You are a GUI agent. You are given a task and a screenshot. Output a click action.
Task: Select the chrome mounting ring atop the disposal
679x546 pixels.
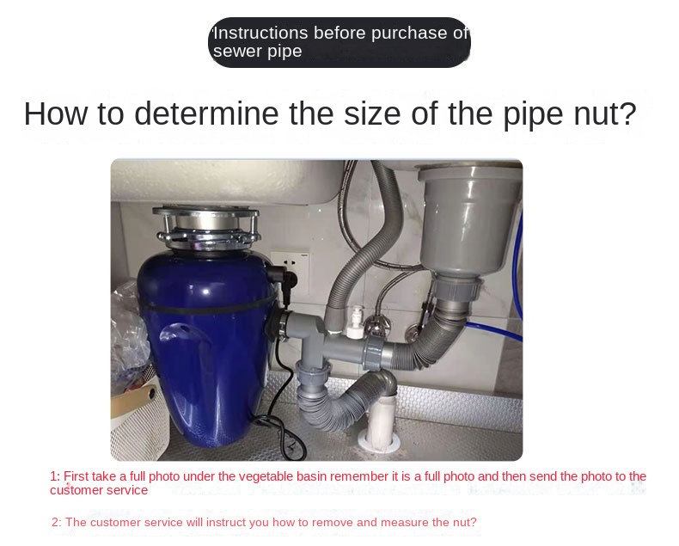point(206,226)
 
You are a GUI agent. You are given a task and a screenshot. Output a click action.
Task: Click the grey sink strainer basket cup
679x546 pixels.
point(469,217)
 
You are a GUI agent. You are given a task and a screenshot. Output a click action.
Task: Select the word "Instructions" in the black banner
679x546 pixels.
point(260,33)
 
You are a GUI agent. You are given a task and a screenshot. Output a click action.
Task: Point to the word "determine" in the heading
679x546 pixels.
point(206,113)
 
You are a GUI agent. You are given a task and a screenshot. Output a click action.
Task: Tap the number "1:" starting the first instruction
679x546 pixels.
point(55,476)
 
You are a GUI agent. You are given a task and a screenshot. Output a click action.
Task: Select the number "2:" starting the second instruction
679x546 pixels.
point(57,522)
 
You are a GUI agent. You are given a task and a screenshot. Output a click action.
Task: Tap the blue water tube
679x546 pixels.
point(516,278)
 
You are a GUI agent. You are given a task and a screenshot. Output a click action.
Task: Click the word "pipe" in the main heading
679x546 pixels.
point(533,115)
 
